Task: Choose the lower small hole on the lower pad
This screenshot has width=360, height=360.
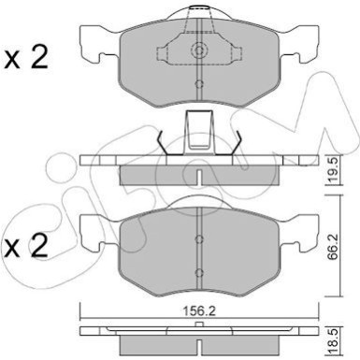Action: pyautogui.click(x=200, y=271)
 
